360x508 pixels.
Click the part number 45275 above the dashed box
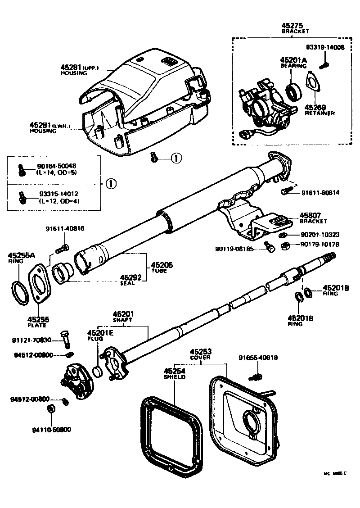click(x=295, y=26)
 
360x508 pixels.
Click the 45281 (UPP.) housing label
click(x=79, y=68)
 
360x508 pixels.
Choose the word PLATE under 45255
click(x=38, y=325)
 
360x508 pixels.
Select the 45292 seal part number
click(x=130, y=277)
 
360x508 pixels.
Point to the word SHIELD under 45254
click(x=174, y=376)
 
